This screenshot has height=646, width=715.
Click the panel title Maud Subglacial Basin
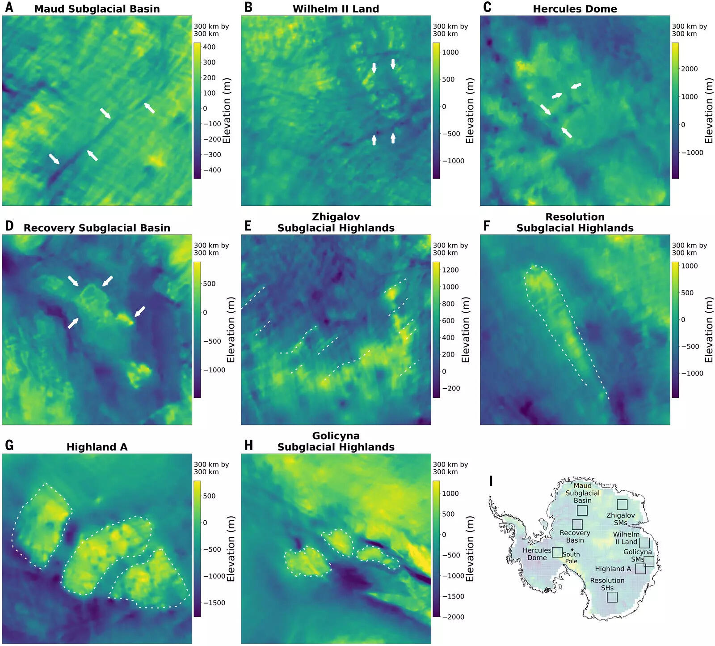click(97, 9)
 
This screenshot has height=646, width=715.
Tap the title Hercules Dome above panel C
click(575, 9)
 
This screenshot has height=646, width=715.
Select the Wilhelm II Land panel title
click(336, 9)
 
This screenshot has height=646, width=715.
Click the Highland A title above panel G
click(97, 447)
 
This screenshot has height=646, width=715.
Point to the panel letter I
click(491, 481)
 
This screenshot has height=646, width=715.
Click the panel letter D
click(9, 226)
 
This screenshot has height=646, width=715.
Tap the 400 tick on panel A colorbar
click(209, 47)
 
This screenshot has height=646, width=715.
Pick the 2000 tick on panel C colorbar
click(689, 69)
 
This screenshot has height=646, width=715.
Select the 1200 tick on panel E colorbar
click(450, 270)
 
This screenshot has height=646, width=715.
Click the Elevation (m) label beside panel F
click(709, 330)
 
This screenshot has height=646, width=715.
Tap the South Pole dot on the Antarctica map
click(572, 549)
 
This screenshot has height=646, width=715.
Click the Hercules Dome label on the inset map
click(537, 554)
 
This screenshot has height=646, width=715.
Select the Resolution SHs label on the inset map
click(607, 584)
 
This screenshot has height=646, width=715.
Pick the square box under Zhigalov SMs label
click(622, 505)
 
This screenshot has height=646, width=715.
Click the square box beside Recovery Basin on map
click(577, 524)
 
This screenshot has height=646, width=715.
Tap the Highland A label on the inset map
click(613, 569)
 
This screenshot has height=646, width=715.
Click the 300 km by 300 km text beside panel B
click(450, 30)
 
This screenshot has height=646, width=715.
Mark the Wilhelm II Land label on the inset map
click(626, 538)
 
